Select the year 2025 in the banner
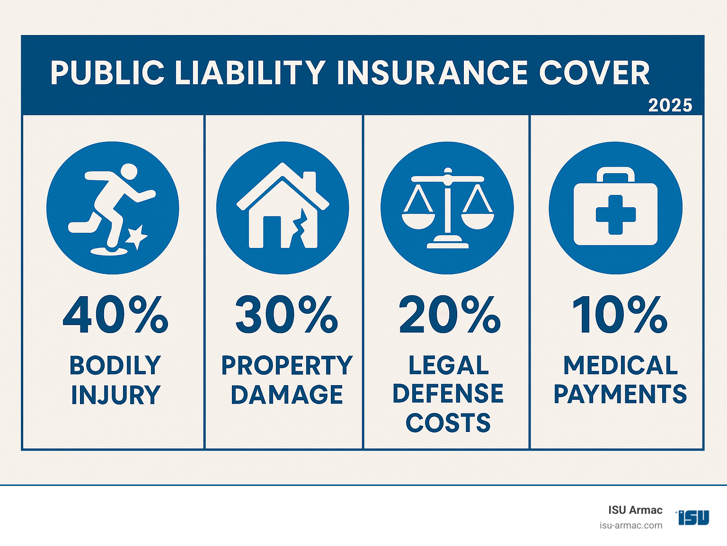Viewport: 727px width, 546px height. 670,106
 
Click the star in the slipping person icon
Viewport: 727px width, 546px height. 136,237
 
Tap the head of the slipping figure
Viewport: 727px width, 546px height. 129,171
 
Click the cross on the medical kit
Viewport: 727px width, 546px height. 616,214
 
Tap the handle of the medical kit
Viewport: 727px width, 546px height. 616,174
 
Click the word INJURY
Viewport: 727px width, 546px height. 116,395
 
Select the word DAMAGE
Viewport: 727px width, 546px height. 287,394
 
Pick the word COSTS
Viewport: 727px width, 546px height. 448,423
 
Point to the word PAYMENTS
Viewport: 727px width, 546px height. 620,394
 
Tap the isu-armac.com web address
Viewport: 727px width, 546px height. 631,526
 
